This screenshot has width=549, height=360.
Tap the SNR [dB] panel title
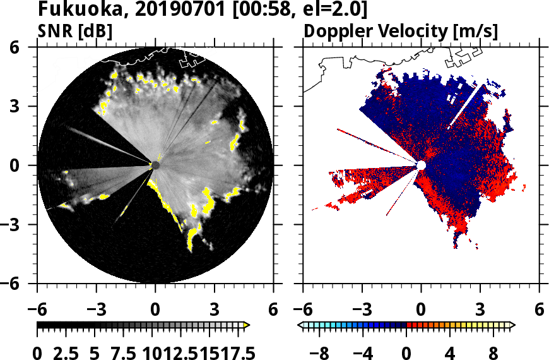point(75,31)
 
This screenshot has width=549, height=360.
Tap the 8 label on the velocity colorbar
point(492,351)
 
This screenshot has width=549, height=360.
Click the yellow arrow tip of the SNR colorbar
point(247,325)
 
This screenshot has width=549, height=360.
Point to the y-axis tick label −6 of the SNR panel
point(21,284)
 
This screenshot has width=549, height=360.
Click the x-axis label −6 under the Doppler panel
point(303,311)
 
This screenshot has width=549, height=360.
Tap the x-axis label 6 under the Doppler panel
point(539,311)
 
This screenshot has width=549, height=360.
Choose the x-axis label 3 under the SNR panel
point(215,311)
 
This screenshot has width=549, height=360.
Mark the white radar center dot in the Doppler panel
point(421,165)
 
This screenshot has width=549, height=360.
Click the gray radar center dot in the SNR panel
point(155,165)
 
